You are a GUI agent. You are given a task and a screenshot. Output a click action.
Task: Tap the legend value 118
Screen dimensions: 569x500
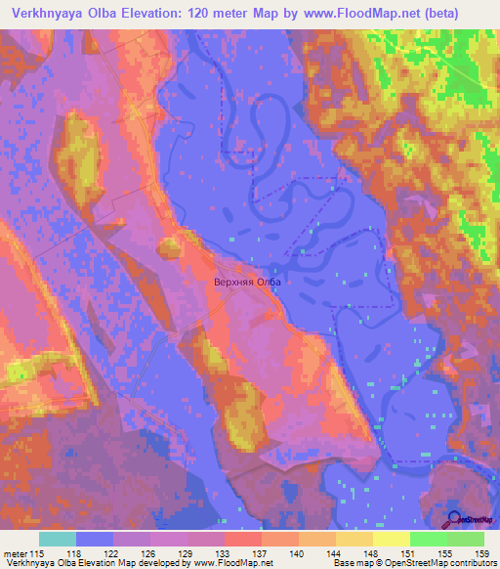tap(73, 553)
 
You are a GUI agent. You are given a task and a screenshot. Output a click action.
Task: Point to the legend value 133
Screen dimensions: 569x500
tap(223, 553)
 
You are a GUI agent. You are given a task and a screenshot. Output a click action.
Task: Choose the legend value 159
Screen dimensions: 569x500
tap(480, 553)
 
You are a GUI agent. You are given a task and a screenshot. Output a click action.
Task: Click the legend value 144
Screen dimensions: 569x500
tap(334, 553)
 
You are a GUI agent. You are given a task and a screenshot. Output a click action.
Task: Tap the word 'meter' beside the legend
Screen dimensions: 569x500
tap(17, 553)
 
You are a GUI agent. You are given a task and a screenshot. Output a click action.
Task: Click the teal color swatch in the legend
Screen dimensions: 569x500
tap(58, 539)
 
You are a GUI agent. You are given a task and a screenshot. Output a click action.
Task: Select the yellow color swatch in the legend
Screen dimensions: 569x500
tap(390, 539)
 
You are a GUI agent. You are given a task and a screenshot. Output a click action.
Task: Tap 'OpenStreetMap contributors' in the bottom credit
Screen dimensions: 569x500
tap(431, 564)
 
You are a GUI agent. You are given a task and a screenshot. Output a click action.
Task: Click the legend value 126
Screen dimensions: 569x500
tap(147, 553)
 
